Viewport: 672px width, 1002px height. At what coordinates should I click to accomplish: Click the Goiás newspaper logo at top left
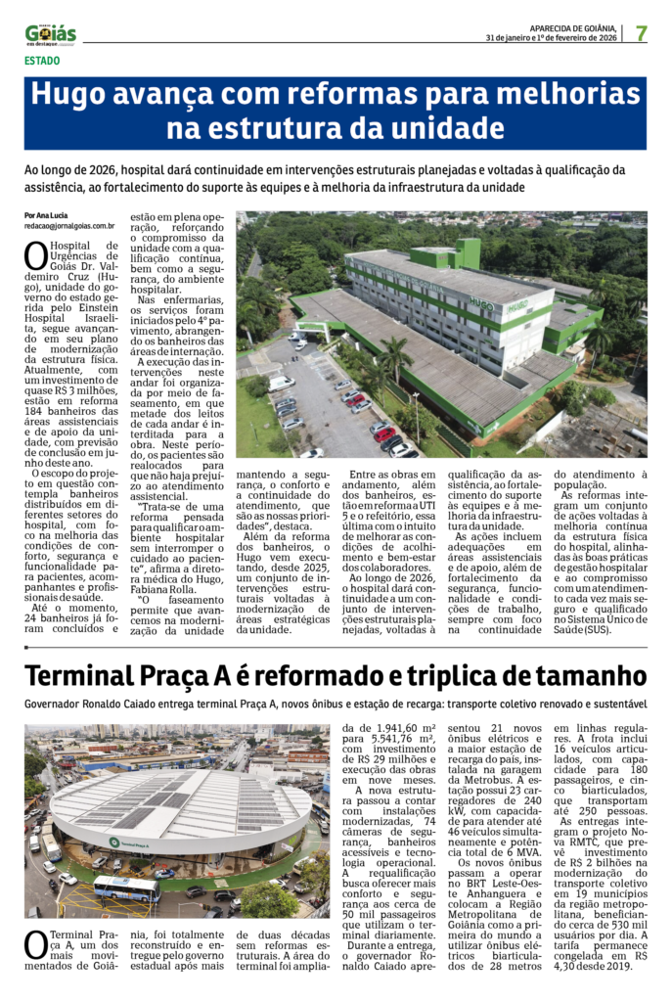point(50,34)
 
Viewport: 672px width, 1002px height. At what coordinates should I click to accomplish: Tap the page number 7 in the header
point(641,33)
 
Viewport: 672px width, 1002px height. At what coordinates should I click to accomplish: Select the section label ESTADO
point(42,61)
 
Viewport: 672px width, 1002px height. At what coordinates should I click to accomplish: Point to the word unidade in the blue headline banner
point(448,128)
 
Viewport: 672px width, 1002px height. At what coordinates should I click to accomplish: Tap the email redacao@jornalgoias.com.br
point(69,225)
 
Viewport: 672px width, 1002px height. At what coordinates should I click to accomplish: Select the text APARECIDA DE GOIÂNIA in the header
point(571,27)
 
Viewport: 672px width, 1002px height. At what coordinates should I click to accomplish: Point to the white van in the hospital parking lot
point(282,383)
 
